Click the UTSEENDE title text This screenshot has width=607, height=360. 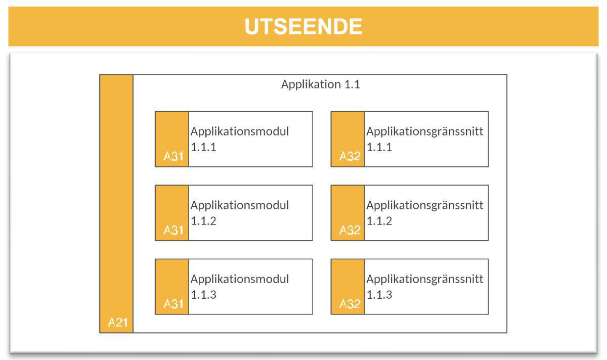[303, 26]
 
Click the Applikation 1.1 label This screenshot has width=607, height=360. [320, 84]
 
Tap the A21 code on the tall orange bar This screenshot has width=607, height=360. [117, 323]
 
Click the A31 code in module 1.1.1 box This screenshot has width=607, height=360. [173, 157]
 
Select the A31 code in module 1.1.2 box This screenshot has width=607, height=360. [173, 231]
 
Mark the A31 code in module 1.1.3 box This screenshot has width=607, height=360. [173, 304]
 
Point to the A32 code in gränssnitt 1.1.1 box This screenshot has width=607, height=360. [349, 157]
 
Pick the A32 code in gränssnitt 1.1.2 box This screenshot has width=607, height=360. [349, 231]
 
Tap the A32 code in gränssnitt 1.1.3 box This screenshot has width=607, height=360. [349, 304]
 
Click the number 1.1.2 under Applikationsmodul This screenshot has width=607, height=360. [203, 221]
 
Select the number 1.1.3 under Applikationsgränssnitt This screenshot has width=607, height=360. [379, 295]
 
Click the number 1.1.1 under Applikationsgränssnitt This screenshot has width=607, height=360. [379, 148]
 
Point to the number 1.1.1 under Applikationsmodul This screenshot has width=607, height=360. [203, 148]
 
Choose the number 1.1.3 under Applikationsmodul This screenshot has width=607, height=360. [203, 295]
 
